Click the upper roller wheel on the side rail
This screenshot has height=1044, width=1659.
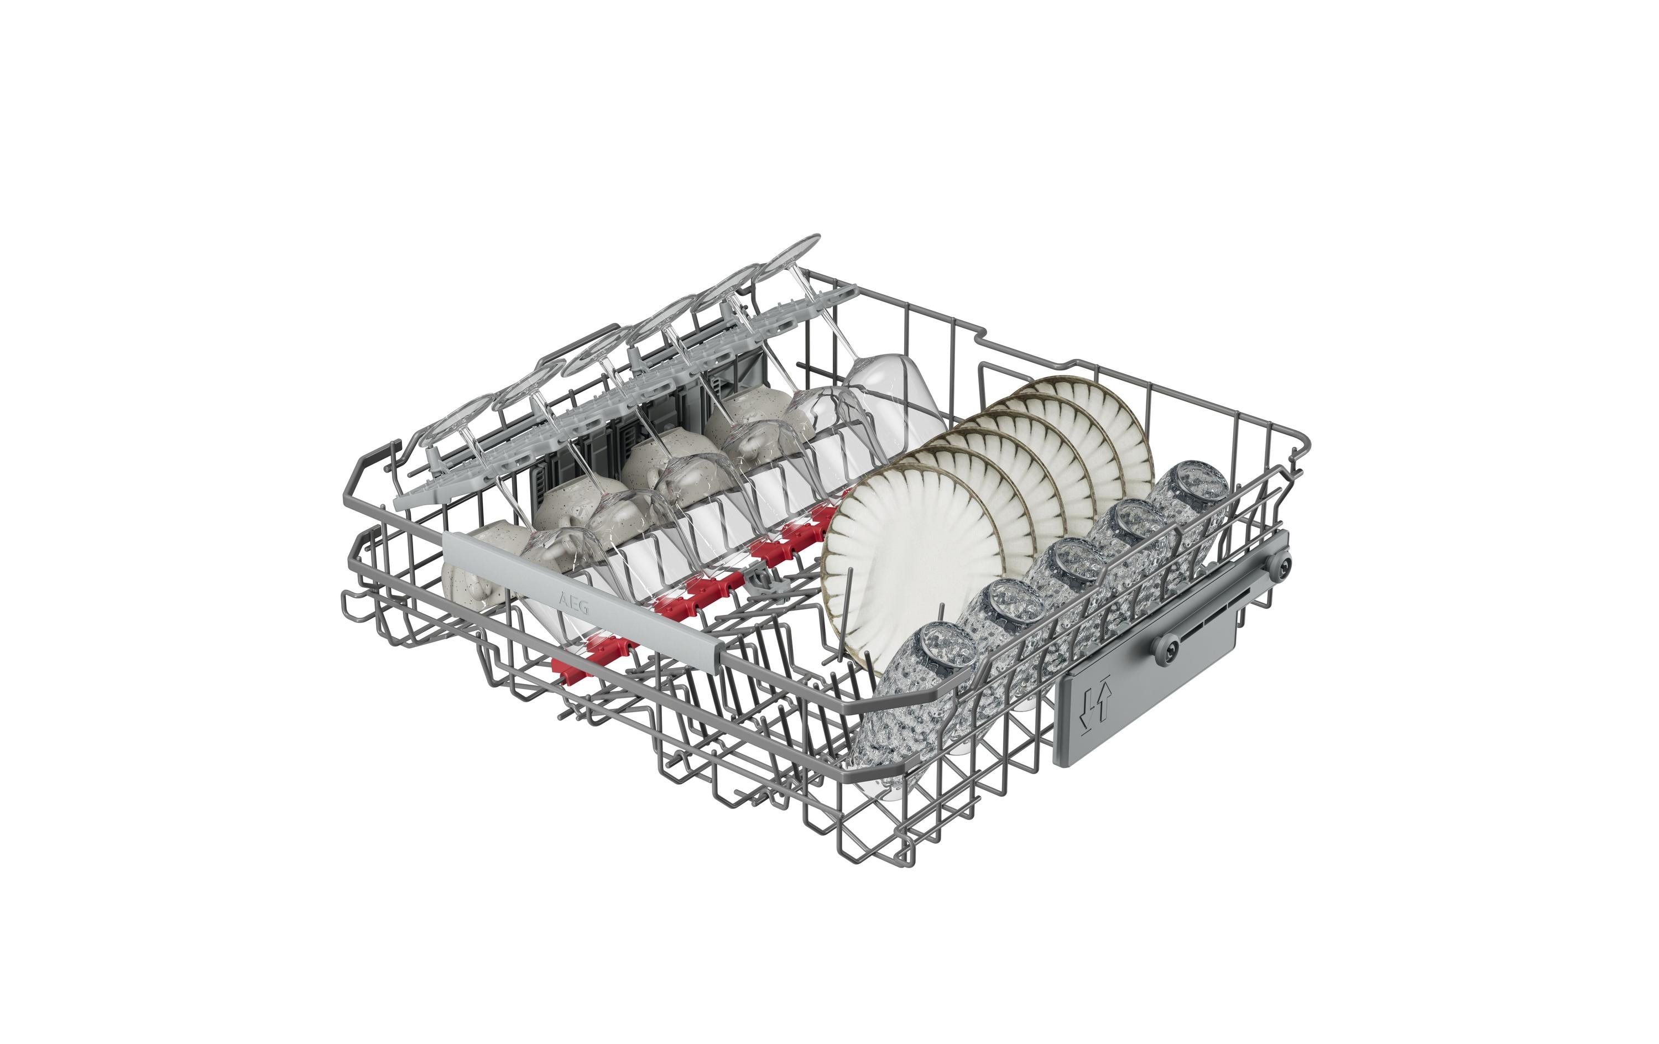click(x=1281, y=565)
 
